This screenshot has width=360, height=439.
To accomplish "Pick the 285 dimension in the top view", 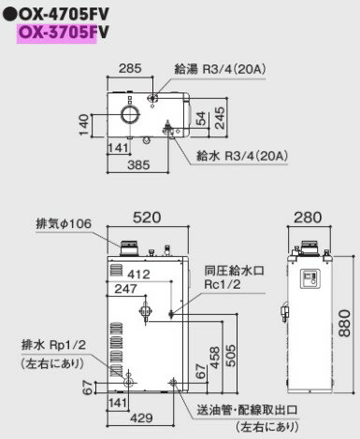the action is point(131,67).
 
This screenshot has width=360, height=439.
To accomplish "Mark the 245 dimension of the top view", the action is point(218,116).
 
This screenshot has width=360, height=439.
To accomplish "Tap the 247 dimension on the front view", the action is point(125,290).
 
